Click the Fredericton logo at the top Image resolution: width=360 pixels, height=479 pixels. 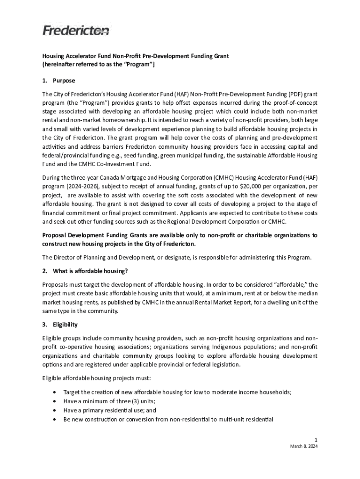[x=76, y=31]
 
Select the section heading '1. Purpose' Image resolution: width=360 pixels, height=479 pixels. [x=59, y=80]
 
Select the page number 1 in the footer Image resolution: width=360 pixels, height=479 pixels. [x=316, y=440]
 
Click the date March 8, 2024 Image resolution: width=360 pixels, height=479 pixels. [x=304, y=446]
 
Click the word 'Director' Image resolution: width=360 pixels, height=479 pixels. [x=66, y=257]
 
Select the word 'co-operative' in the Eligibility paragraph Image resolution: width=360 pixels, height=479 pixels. [x=76, y=347]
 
